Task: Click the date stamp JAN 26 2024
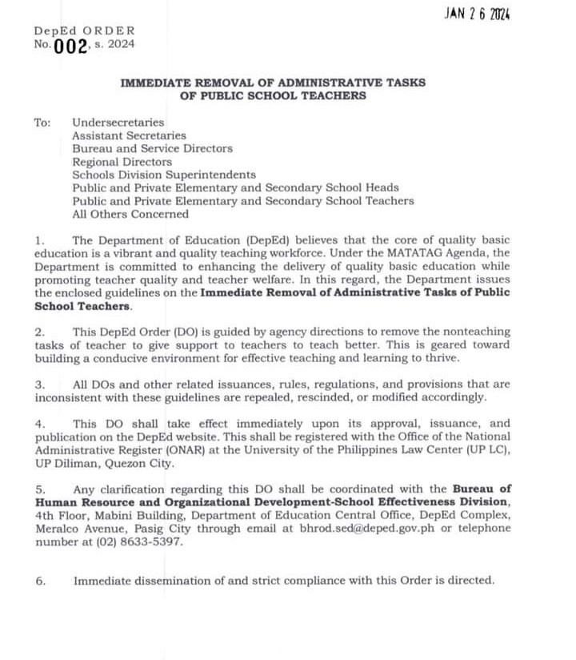[x=478, y=14]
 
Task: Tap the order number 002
[x=70, y=46]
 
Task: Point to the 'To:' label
[x=42, y=123]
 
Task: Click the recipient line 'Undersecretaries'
[x=118, y=123]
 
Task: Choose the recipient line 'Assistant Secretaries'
[x=129, y=135]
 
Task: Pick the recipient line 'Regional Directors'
[x=122, y=162]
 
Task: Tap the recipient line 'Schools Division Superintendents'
[x=164, y=175]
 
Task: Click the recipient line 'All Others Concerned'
[x=130, y=214]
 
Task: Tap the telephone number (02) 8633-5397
[x=136, y=541]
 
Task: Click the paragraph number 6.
[x=39, y=581]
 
